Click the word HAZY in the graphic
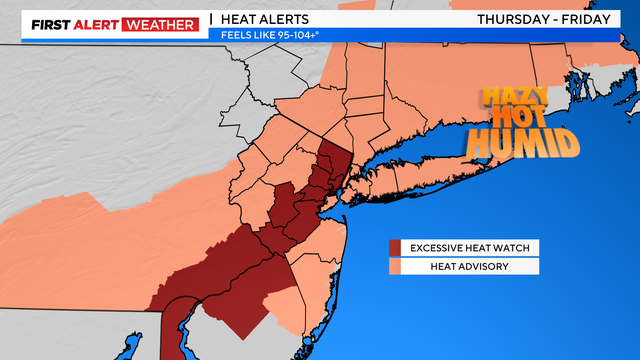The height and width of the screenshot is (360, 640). pyautogui.click(x=514, y=98)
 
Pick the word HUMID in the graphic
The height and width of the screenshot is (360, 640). pyautogui.click(x=523, y=144)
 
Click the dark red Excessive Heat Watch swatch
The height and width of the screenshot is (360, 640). pyautogui.click(x=395, y=248)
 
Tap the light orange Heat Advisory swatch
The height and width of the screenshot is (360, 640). pyautogui.click(x=395, y=266)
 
